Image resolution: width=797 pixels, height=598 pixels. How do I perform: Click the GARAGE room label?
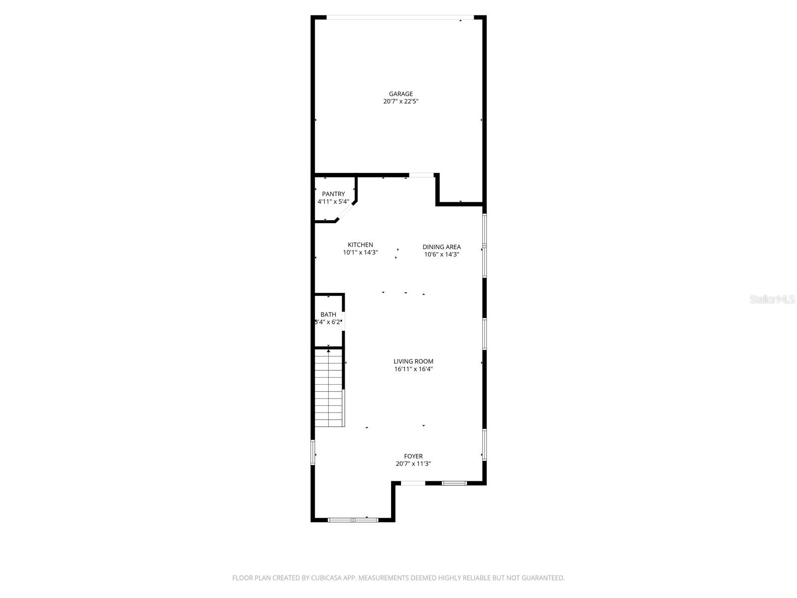pos(400,94)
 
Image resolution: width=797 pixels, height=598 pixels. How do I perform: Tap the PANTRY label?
pos(333,194)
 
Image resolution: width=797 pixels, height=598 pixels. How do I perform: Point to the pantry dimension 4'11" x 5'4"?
pos(333,202)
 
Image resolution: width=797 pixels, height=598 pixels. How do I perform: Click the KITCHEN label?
pos(360,245)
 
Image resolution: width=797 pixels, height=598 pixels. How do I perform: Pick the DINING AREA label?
pos(441,247)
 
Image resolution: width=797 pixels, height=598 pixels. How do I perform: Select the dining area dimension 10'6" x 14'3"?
pos(441,254)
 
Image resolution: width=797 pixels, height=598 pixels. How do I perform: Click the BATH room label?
pos(328,314)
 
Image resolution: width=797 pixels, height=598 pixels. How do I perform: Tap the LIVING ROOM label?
pos(413,361)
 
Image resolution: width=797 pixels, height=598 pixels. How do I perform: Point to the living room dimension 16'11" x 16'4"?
pos(413,369)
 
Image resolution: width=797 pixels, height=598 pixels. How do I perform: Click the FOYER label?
pos(413,456)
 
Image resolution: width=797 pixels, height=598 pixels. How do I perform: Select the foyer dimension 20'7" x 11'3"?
pos(413,463)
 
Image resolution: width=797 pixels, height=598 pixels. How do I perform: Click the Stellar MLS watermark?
pos(772,299)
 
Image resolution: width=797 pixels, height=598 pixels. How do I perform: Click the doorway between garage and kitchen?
pos(421,175)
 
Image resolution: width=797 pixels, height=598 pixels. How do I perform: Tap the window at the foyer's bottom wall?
pos(353,520)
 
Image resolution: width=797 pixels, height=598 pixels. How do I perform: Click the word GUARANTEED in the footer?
pos(542,578)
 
